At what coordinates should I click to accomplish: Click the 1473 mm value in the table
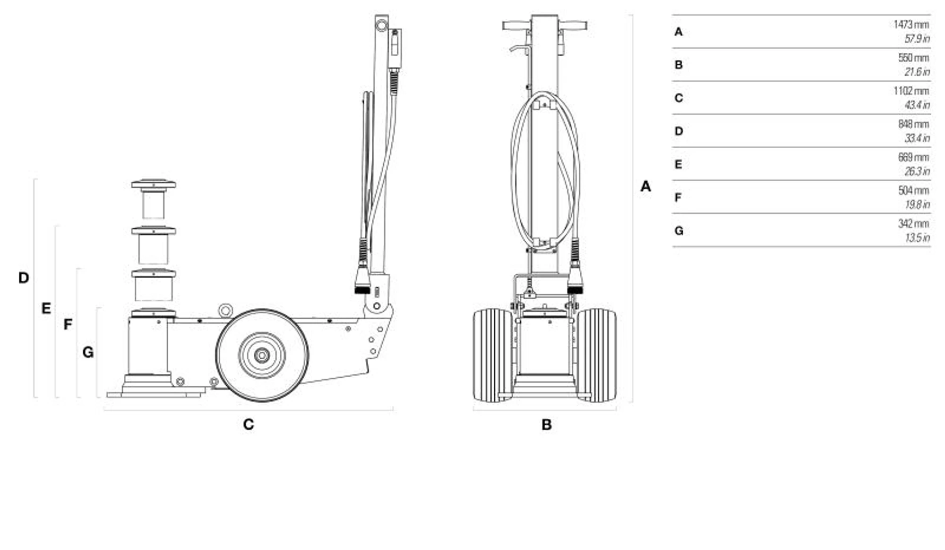[911, 25]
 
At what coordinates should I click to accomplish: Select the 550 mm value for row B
[913, 58]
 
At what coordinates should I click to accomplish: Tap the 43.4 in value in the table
[917, 105]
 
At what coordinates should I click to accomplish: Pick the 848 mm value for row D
[913, 124]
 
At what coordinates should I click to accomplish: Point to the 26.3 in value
[917, 171]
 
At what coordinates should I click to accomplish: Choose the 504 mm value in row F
[913, 190]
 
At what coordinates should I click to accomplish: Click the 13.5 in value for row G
[917, 237]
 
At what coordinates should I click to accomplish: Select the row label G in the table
[679, 231]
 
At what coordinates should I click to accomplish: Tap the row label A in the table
[679, 32]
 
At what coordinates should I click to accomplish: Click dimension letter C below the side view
[249, 424]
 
